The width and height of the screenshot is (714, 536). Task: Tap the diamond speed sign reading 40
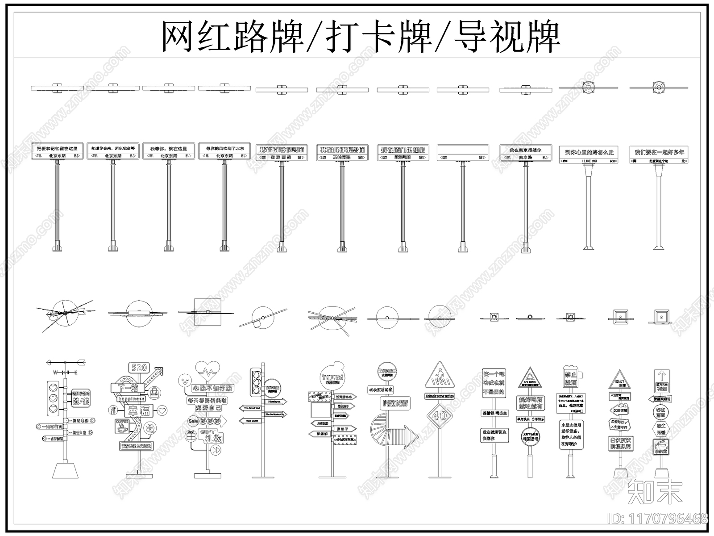[440, 415]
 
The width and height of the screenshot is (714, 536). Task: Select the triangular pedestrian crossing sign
[439, 376]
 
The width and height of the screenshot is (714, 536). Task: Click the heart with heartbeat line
[208, 370]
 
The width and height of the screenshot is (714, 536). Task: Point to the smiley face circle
[184, 381]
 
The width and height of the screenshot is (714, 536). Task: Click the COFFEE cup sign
[121, 426]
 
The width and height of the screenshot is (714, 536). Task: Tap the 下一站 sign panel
[128, 387]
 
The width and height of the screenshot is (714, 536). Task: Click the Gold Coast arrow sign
[251, 420]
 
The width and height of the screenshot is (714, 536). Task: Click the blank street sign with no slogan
[462, 152]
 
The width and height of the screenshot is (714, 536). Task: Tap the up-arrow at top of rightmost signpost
[662, 376]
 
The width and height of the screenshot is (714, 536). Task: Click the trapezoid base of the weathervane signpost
[65, 470]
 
